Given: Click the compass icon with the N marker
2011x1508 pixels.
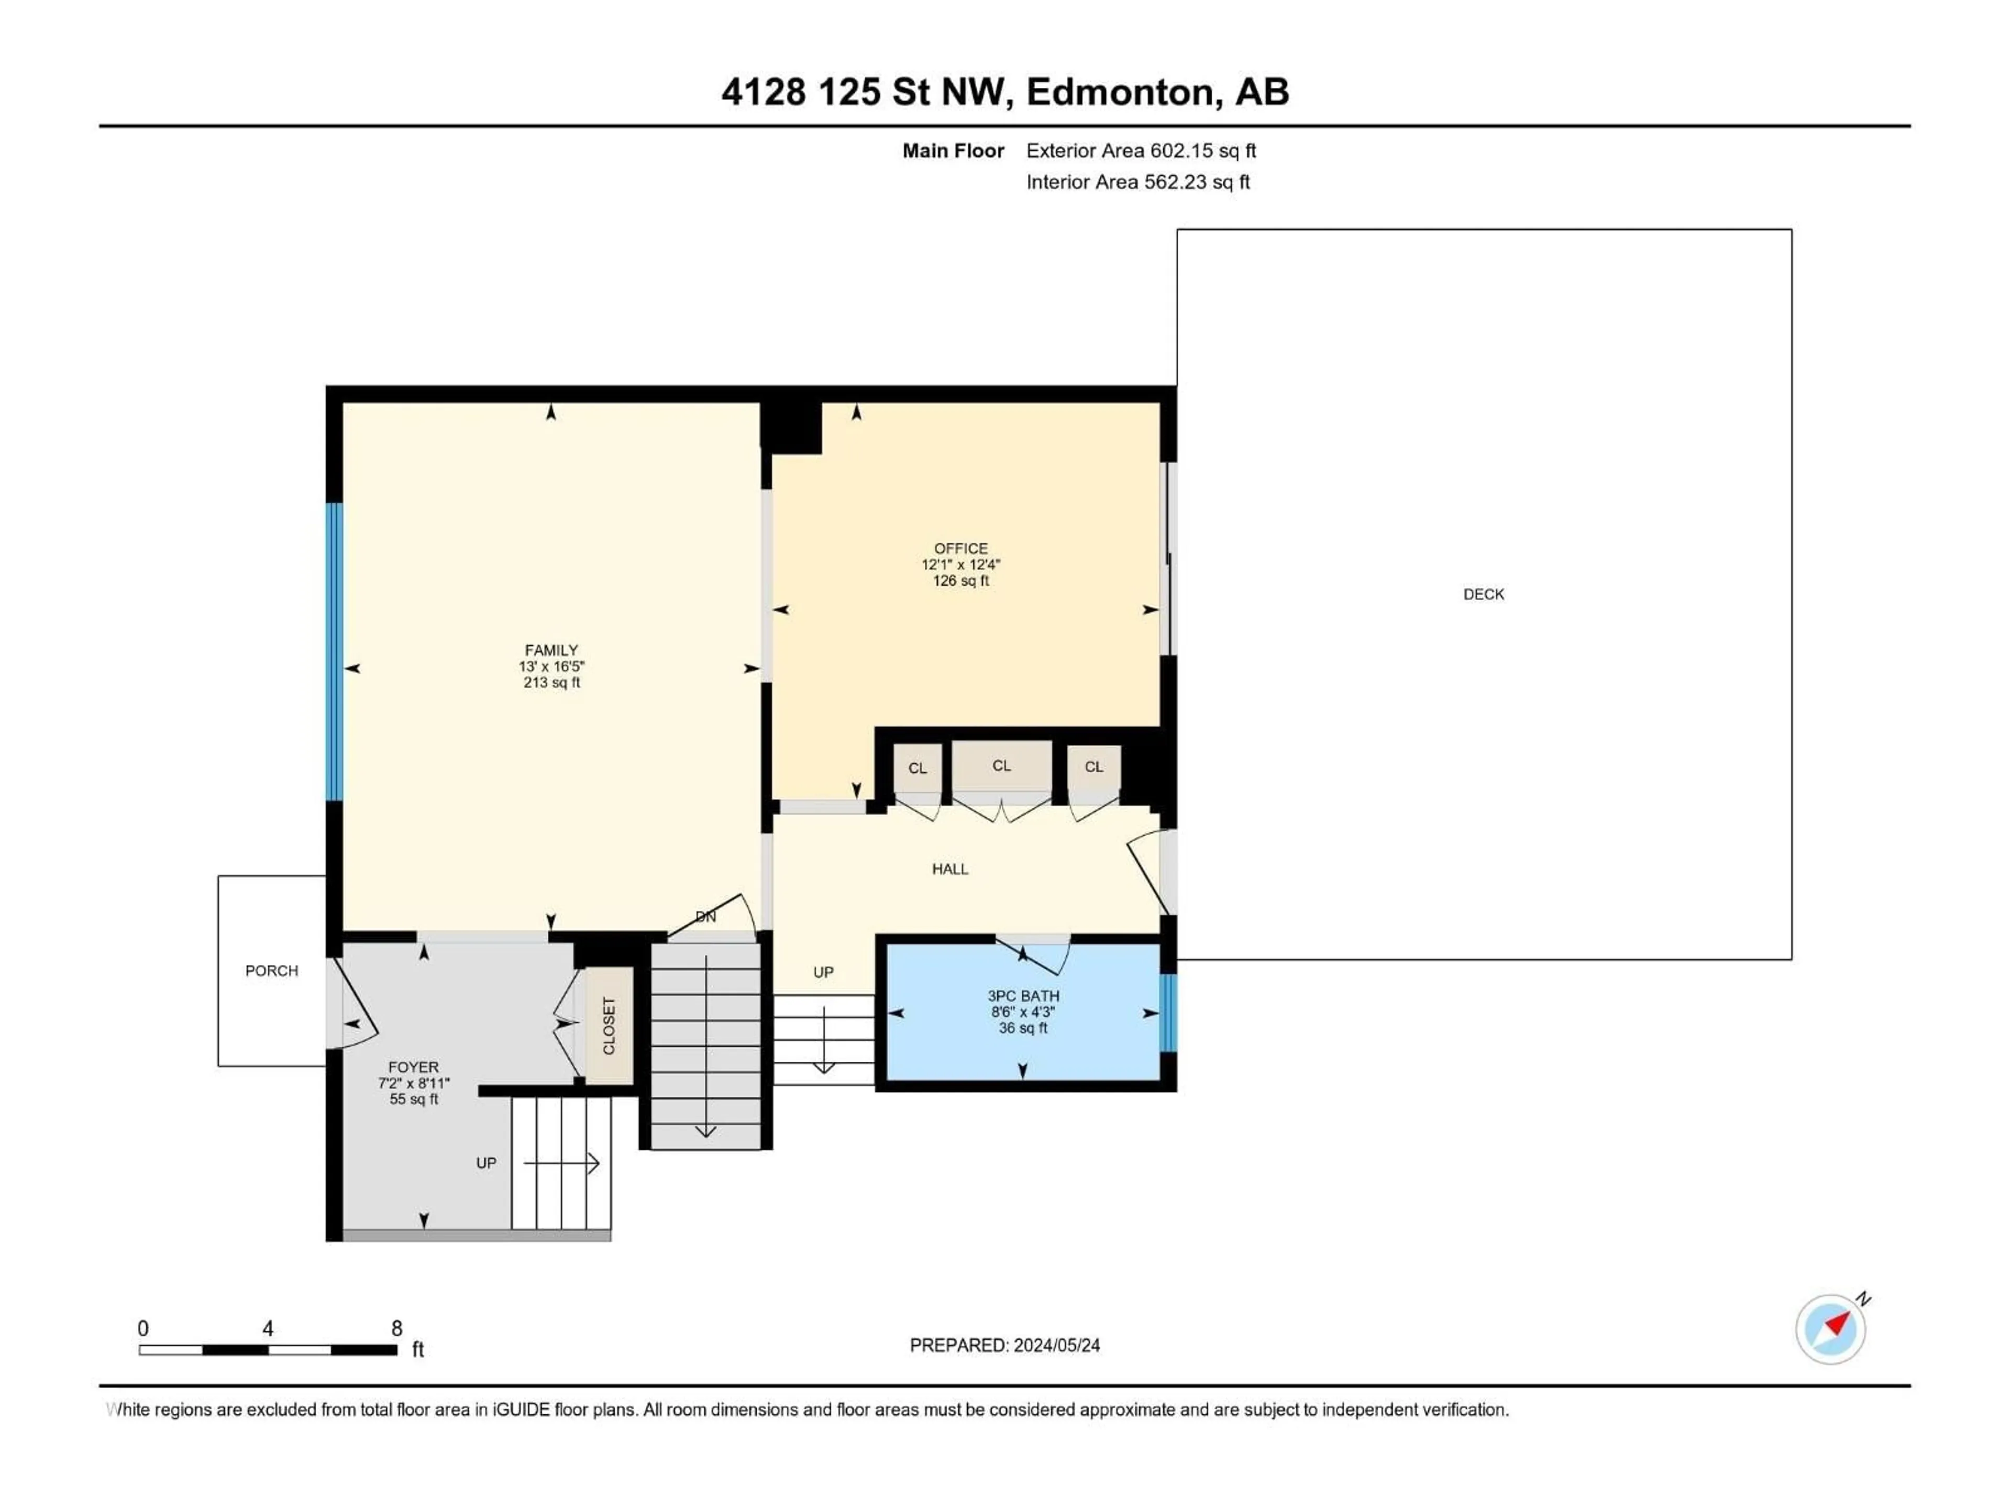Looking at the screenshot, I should (1830, 1329).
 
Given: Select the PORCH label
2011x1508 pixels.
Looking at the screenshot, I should (272, 971).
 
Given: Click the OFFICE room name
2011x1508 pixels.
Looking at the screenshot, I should (961, 548).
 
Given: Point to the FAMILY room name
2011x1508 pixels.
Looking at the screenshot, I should (551, 650).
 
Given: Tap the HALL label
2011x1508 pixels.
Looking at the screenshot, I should (950, 869).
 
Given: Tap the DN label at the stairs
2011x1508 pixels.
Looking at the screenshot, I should (705, 917).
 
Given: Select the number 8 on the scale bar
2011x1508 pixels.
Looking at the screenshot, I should (396, 1328).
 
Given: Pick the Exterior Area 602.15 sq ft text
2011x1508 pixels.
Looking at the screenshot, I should (1141, 151).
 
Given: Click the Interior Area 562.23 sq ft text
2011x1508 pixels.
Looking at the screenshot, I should (1137, 182).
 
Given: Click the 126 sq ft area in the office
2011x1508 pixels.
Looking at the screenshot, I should (961, 581).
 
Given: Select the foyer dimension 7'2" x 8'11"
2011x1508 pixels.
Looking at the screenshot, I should (414, 1083).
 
